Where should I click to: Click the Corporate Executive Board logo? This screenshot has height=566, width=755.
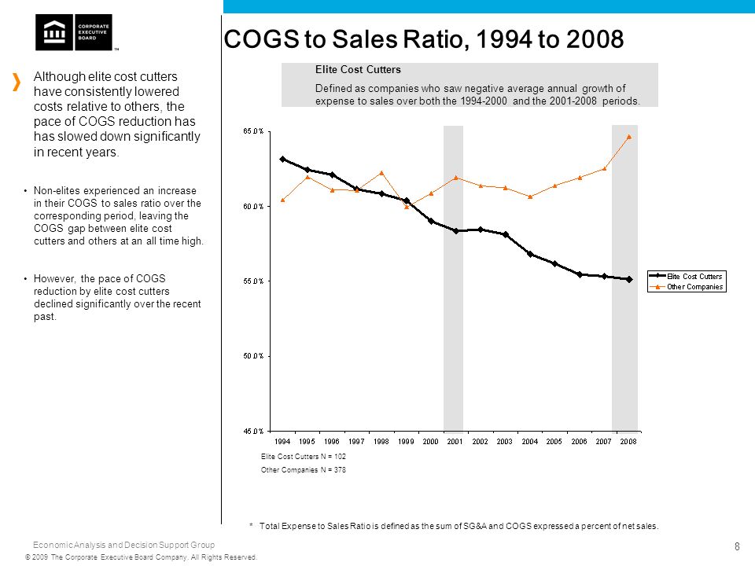[74, 32]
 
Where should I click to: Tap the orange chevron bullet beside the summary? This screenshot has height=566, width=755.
[17, 82]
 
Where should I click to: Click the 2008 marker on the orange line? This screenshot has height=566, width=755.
[629, 137]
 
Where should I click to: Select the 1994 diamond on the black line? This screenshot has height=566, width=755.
[282, 159]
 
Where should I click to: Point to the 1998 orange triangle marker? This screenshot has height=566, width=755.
[381, 173]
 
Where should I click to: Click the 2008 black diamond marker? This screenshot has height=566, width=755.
[629, 279]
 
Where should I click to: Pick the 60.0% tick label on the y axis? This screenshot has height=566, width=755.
[253, 207]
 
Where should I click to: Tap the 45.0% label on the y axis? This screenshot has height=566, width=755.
[253, 432]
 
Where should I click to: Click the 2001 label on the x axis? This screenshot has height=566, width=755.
[455, 441]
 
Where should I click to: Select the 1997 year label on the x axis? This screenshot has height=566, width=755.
[356, 441]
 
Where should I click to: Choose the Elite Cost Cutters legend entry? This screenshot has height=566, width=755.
[686, 276]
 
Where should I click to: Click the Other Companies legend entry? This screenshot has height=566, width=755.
[686, 287]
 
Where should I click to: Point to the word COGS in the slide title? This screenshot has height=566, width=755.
[261, 39]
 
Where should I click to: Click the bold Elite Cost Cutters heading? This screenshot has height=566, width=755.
[358, 69]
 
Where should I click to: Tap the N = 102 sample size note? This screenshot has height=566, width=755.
[333, 456]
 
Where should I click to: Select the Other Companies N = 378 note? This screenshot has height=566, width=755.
[304, 470]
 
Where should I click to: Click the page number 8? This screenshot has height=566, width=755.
[737, 546]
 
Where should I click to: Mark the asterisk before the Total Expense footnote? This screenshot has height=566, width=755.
[252, 524]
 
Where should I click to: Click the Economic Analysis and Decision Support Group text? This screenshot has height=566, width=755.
[123, 545]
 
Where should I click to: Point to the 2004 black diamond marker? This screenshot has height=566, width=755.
[530, 254]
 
